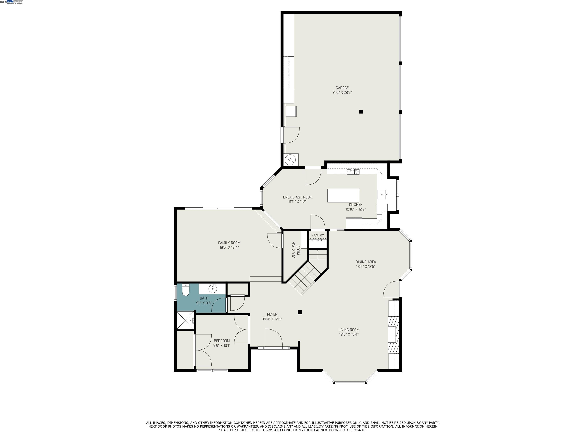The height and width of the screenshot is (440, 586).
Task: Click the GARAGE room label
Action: pyautogui.click(x=342, y=88)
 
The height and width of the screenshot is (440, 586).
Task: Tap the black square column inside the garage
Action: pyautogui.click(x=361, y=112)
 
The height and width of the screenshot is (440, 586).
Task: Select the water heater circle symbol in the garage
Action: pyautogui.click(x=290, y=160)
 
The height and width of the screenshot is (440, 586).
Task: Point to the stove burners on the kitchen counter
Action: pyautogui.click(x=353, y=172)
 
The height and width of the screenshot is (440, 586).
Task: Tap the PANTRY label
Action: pyautogui.click(x=317, y=235)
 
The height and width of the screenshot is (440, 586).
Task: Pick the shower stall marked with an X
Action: pyautogui.click(x=185, y=320)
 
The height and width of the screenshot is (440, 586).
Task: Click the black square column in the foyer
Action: pyautogui.click(x=300, y=312)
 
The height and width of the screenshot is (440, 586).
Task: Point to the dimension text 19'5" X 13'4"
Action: pyautogui.click(x=229, y=247)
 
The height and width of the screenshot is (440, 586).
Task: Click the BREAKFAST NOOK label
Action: pyautogui.click(x=297, y=197)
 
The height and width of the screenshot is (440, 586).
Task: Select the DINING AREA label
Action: pyautogui.click(x=366, y=262)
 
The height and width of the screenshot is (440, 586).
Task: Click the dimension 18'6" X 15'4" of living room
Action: pyautogui.click(x=349, y=334)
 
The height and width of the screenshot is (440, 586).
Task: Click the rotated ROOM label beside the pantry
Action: pyautogui.click(x=298, y=250)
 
